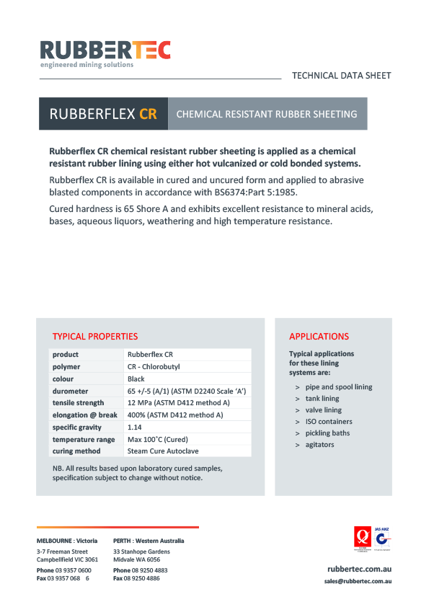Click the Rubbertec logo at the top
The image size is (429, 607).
[105, 53]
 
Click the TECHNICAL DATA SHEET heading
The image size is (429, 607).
[341, 75]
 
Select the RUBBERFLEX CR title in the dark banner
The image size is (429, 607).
[102, 114]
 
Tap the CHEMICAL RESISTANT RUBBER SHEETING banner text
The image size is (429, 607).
[266, 114]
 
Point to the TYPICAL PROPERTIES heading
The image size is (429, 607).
[94, 337]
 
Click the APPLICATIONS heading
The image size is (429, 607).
[319, 337]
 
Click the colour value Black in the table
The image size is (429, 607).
[136, 378]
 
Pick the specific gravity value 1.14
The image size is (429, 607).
[135, 427]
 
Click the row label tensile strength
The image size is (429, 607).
[78, 403]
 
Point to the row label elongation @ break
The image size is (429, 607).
[84, 415]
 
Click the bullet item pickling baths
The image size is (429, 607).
[327, 433]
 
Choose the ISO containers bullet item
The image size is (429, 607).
[329, 422]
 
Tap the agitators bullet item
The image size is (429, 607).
[319, 445]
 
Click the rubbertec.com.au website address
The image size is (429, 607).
[359, 570]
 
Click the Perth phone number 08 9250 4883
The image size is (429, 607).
[150, 570]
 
